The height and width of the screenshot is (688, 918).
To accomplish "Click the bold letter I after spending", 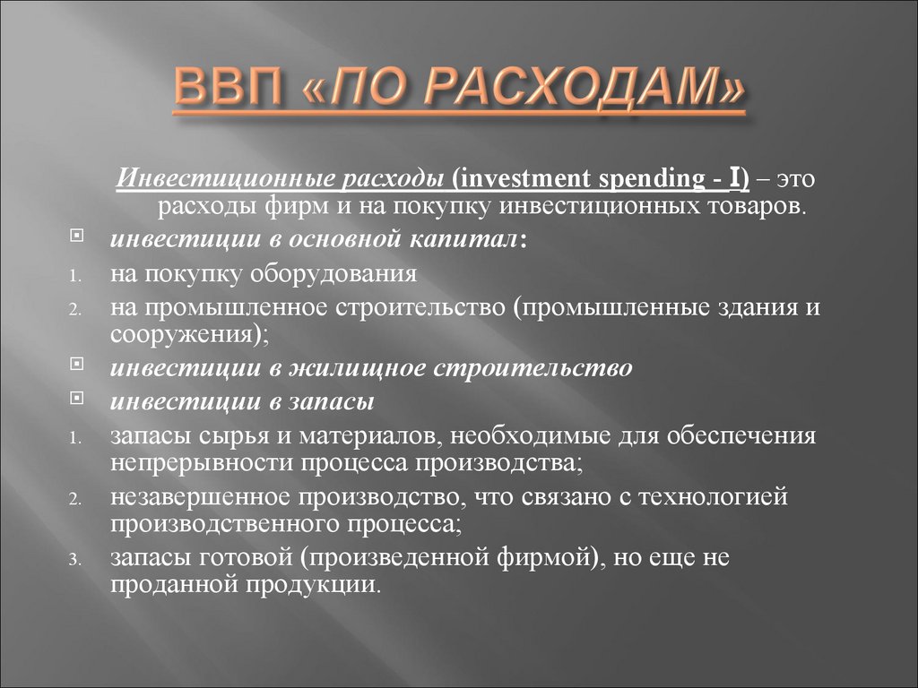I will [x=733, y=178].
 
